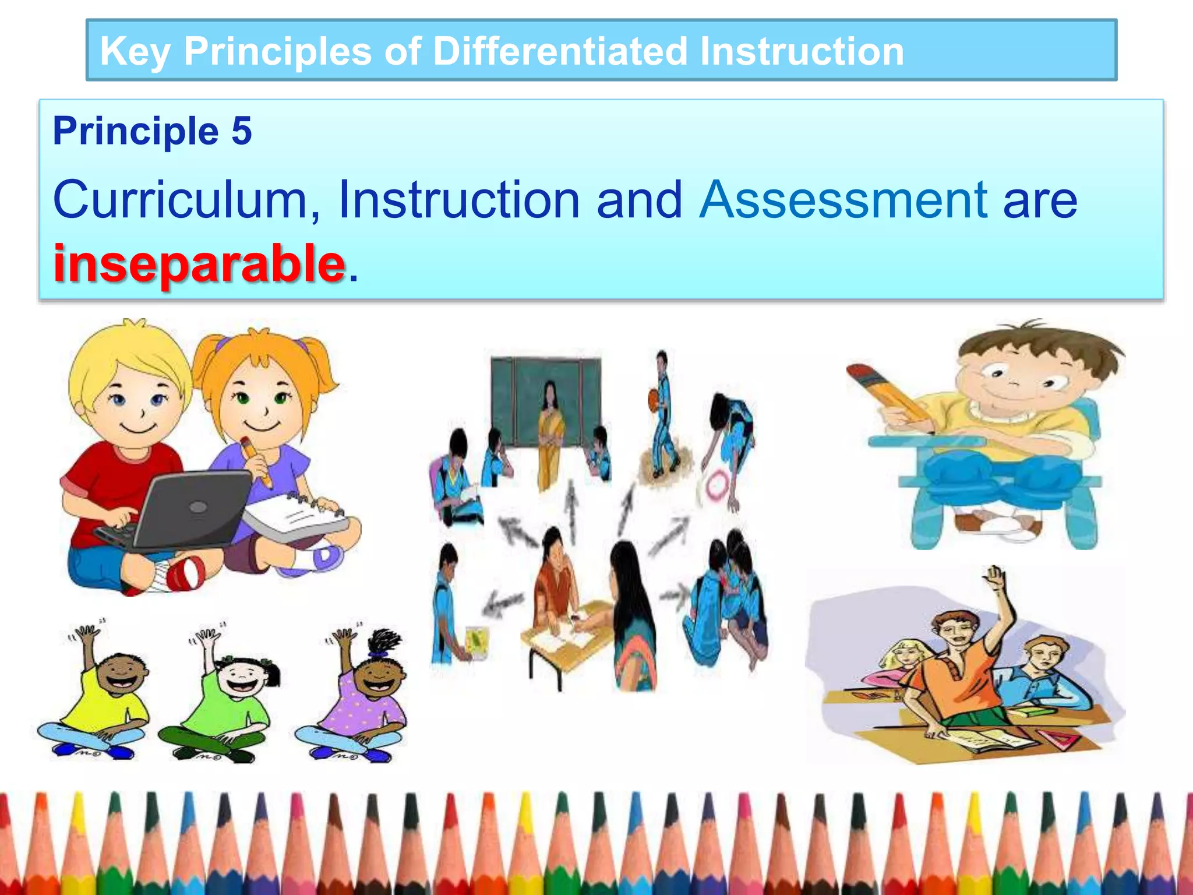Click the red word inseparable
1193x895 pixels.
(199, 263)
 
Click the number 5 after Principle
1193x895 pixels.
(241, 131)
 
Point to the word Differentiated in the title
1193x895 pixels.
(560, 51)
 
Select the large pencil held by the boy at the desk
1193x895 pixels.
(888, 396)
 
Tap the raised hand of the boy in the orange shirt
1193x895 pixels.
(997, 580)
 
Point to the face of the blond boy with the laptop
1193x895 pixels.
(137, 402)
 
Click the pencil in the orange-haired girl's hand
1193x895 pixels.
(256, 460)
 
